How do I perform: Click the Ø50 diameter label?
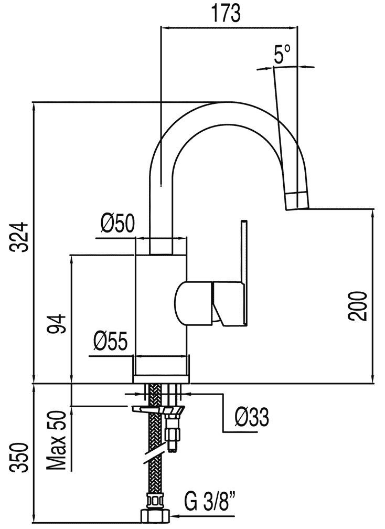[117, 225]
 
